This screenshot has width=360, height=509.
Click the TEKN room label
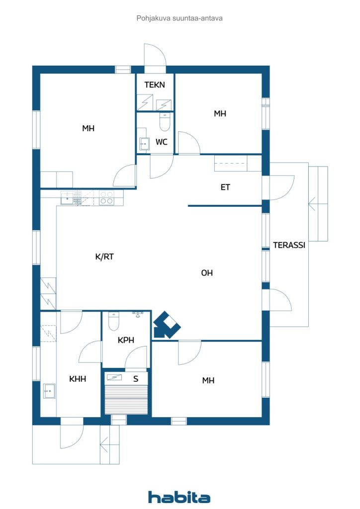coord(155,85)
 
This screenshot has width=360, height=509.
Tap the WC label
coord(162,142)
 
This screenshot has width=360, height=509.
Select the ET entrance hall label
coord(225,187)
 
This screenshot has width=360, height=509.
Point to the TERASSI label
coord(289,245)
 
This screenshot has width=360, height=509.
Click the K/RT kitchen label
coord(104,257)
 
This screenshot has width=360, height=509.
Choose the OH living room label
coord(207,273)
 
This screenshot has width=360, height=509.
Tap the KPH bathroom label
coord(126,340)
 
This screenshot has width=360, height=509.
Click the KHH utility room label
coord(78,378)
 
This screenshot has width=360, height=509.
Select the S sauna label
coord(136,378)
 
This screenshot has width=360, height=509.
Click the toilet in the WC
coord(165,122)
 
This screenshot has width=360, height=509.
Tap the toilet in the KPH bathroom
coord(113,321)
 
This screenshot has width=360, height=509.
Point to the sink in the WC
coord(144,143)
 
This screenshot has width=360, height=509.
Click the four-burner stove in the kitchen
coord(106,198)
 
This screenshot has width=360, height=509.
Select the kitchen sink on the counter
coord(67,198)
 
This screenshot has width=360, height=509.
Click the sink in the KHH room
coord(49,391)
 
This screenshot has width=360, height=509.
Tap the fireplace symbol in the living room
coord(166,325)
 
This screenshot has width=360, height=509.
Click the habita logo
coord(179,497)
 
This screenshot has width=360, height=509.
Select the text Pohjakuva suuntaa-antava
coord(180,18)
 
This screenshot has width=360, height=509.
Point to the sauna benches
coord(126,400)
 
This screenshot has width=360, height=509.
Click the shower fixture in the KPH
coord(138,314)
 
